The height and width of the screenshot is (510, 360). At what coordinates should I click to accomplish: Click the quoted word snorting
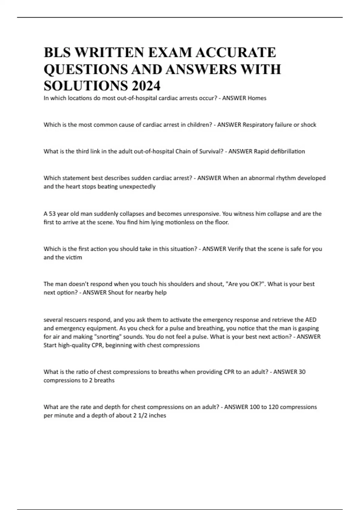[109, 337]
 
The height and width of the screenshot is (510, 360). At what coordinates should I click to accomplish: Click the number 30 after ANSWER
[302, 372]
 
